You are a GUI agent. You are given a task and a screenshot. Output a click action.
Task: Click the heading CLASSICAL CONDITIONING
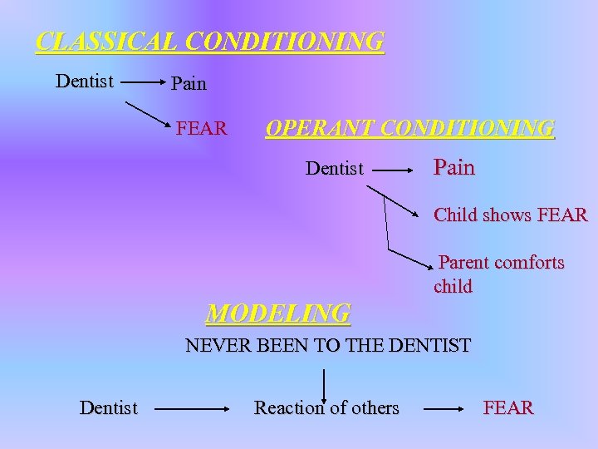pyautogui.click(x=210, y=42)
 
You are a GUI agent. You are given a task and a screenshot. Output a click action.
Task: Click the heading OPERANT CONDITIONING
pyautogui.click(x=409, y=128)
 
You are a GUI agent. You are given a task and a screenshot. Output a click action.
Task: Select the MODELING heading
pyautogui.click(x=278, y=313)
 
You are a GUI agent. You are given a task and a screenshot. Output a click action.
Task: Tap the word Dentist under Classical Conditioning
pyautogui.click(x=85, y=81)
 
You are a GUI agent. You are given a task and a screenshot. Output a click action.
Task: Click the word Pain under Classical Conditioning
pyautogui.click(x=189, y=84)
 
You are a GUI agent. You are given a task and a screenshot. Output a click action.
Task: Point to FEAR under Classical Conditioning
pyautogui.click(x=202, y=128)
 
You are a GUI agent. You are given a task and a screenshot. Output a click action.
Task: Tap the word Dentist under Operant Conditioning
pyautogui.click(x=335, y=169)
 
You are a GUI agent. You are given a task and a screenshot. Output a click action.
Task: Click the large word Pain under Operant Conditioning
pyautogui.click(x=454, y=168)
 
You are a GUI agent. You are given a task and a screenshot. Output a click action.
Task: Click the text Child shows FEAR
pyautogui.click(x=511, y=215)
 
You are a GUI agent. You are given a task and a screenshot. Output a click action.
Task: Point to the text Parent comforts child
pyautogui.click(x=499, y=274)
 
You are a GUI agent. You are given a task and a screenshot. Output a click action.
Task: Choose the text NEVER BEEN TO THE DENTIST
pyautogui.click(x=328, y=345)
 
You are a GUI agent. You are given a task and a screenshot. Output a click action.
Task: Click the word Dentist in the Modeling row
pyautogui.click(x=109, y=408)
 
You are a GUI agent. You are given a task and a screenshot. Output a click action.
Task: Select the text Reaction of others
pyautogui.click(x=326, y=408)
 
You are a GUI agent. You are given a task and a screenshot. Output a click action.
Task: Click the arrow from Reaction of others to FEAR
pyautogui.click(x=444, y=409)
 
